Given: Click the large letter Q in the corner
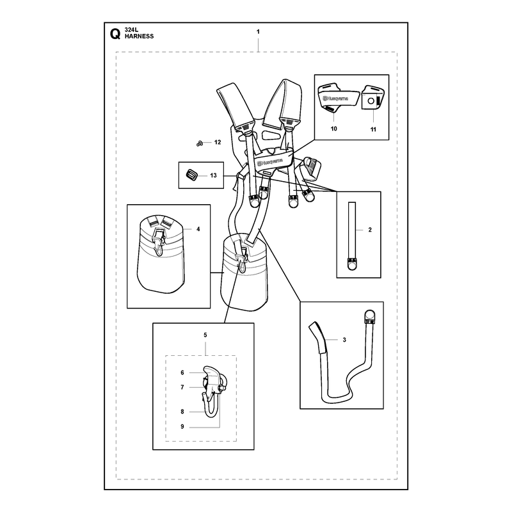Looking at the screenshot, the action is click(115, 34).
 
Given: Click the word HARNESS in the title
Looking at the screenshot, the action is click(139, 36).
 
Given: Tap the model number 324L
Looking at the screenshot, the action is click(131, 30).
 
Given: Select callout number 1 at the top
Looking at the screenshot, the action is click(258, 31).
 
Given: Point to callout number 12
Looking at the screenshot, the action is click(218, 142).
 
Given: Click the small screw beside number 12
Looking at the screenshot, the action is click(199, 143).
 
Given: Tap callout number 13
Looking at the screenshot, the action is click(213, 175).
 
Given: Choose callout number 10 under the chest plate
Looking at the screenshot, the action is click(333, 129).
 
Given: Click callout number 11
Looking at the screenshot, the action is click(373, 130).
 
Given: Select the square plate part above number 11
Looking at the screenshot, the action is click(374, 97).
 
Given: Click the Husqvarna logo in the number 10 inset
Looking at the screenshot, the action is click(335, 99).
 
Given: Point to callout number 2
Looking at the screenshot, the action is click(370, 230).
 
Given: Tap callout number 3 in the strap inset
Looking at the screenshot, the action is click(344, 340).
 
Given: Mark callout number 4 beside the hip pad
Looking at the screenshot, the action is click(198, 229).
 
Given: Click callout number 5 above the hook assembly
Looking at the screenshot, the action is click(205, 335).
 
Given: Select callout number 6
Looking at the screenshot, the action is click(182, 372).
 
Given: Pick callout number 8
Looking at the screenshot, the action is click(182, 412).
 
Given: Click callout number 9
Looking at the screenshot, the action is click(182, 426).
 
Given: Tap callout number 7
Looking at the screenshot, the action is click(182, 387).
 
